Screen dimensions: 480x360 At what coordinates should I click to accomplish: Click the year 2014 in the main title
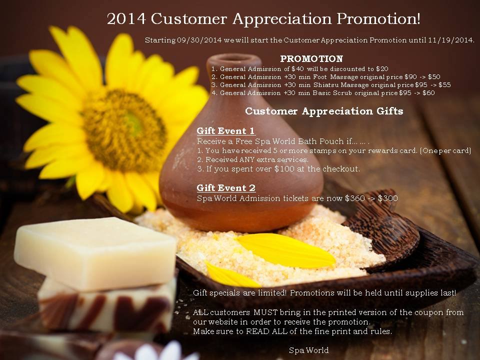(126, 19)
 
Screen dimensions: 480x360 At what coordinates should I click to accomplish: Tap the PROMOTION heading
(311, 59)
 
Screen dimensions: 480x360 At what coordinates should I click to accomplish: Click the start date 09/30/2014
(199, 40)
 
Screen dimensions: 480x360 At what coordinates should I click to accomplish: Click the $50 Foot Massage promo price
(434, 77)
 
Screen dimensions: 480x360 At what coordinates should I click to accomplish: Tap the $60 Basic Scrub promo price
(428, 93)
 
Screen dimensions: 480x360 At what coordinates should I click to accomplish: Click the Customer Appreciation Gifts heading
(324, 111)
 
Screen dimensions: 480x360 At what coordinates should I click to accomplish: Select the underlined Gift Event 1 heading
(226, 131)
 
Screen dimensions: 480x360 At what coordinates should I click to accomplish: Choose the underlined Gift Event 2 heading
(226, 188)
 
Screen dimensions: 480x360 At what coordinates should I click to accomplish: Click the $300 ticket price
(388, 198)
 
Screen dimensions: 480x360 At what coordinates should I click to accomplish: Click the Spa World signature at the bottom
(309, 350)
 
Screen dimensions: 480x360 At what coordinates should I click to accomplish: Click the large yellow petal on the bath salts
(285, 250)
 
